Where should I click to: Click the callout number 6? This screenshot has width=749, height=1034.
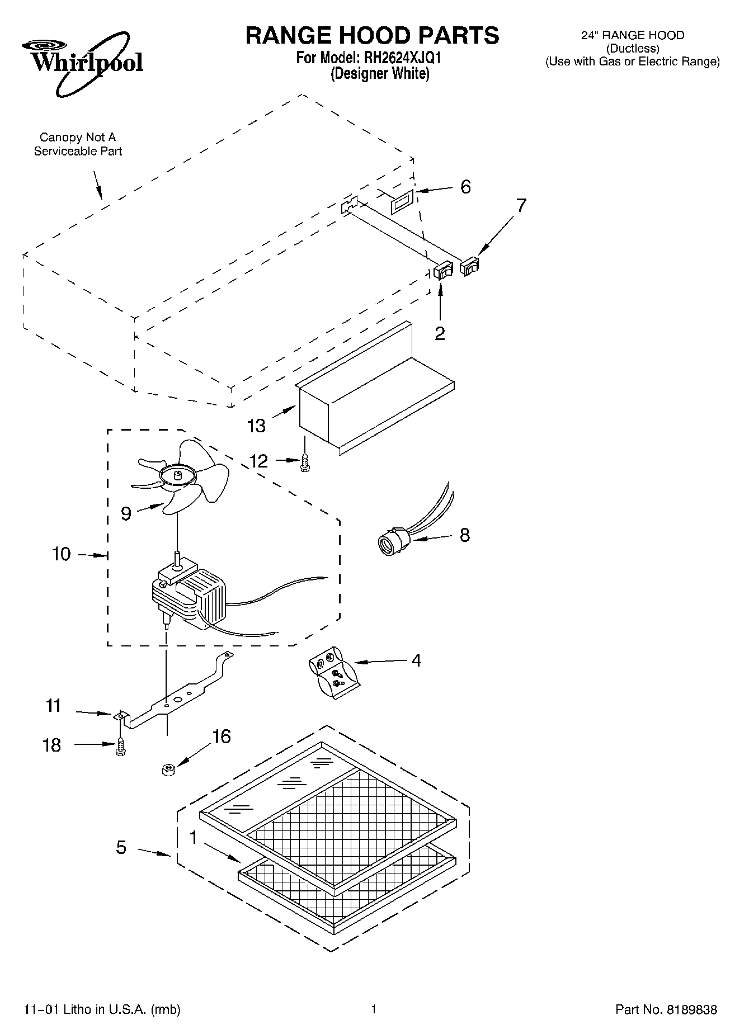465,187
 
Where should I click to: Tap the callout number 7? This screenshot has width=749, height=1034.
521,205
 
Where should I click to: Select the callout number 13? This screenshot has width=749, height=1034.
256,426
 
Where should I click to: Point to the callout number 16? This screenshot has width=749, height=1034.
222,736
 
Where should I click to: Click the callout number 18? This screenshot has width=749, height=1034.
52,745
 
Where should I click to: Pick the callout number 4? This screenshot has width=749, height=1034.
416,660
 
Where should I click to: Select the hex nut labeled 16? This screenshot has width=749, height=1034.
167,770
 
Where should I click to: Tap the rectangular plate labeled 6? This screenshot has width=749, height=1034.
402,201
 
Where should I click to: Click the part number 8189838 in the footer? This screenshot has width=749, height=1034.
691,1009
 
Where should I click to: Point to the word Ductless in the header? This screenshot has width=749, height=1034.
633,49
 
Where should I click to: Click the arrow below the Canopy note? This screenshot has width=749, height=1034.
97,185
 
